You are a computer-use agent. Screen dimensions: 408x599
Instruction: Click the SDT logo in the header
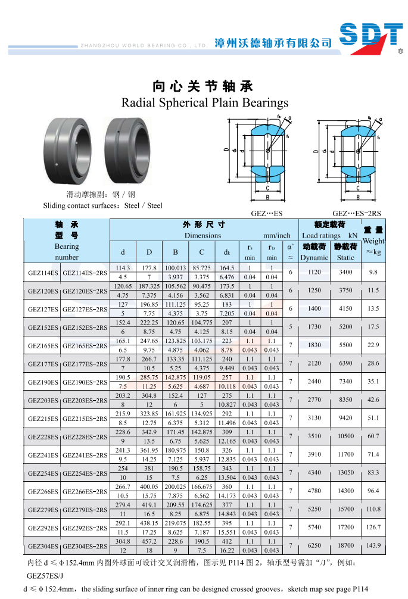pyautogui.click(x=371, y=38)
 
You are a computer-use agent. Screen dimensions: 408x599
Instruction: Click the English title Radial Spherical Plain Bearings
pyautogui.click(x=205, y=103)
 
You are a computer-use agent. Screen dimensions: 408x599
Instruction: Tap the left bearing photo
pyautogui.click(x=68, y=151)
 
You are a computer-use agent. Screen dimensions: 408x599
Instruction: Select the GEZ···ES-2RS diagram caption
pyautogui.click(x=356, y=213)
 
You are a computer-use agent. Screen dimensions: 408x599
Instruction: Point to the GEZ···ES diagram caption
pyautogui.click(x=266, y=213)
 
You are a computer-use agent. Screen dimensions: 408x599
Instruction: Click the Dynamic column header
pyautogui.click(x=314, y=257)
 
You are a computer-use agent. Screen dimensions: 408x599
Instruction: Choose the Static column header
pyautogui.click(x=345, y=257)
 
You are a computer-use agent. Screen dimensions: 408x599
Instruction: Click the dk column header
pyautogui.click(x=227, y=252)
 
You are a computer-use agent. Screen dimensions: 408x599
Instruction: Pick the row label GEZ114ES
pyautogui.click(x=43, y=273)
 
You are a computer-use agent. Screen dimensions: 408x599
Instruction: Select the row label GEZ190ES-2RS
pyautogui.click(x=85, y=382)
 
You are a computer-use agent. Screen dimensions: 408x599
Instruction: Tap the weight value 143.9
pyautogui.click(x=373, y=545)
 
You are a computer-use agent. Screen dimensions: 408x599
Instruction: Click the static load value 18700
pyautogui.click(x=345, y=545)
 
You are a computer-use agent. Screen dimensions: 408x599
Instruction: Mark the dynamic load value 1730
pyautogui.click(x=314, y=327)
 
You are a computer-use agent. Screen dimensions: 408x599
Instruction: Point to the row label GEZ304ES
pyautogui.click(x=43, y=546)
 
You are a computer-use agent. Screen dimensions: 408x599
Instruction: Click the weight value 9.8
pyautogui.click(x=373, y=272)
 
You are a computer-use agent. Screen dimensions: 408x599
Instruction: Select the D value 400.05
pyautogui.click(x=149, y=486)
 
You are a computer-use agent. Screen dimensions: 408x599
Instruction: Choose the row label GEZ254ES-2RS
pyautogui.click(x=85, y=473)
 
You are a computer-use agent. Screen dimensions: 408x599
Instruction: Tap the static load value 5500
pyautogui.click(x=345, y=345)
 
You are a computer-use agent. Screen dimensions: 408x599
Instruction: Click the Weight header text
pyautogui.click(x=373, y=241)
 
